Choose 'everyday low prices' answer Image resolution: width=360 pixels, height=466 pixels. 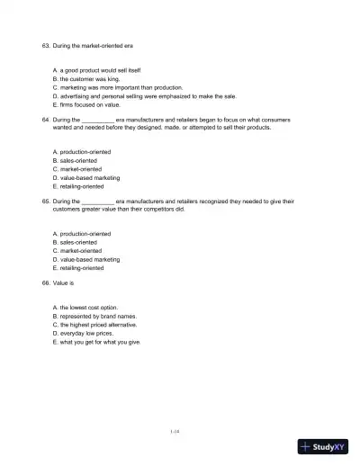[x=86, y=334]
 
